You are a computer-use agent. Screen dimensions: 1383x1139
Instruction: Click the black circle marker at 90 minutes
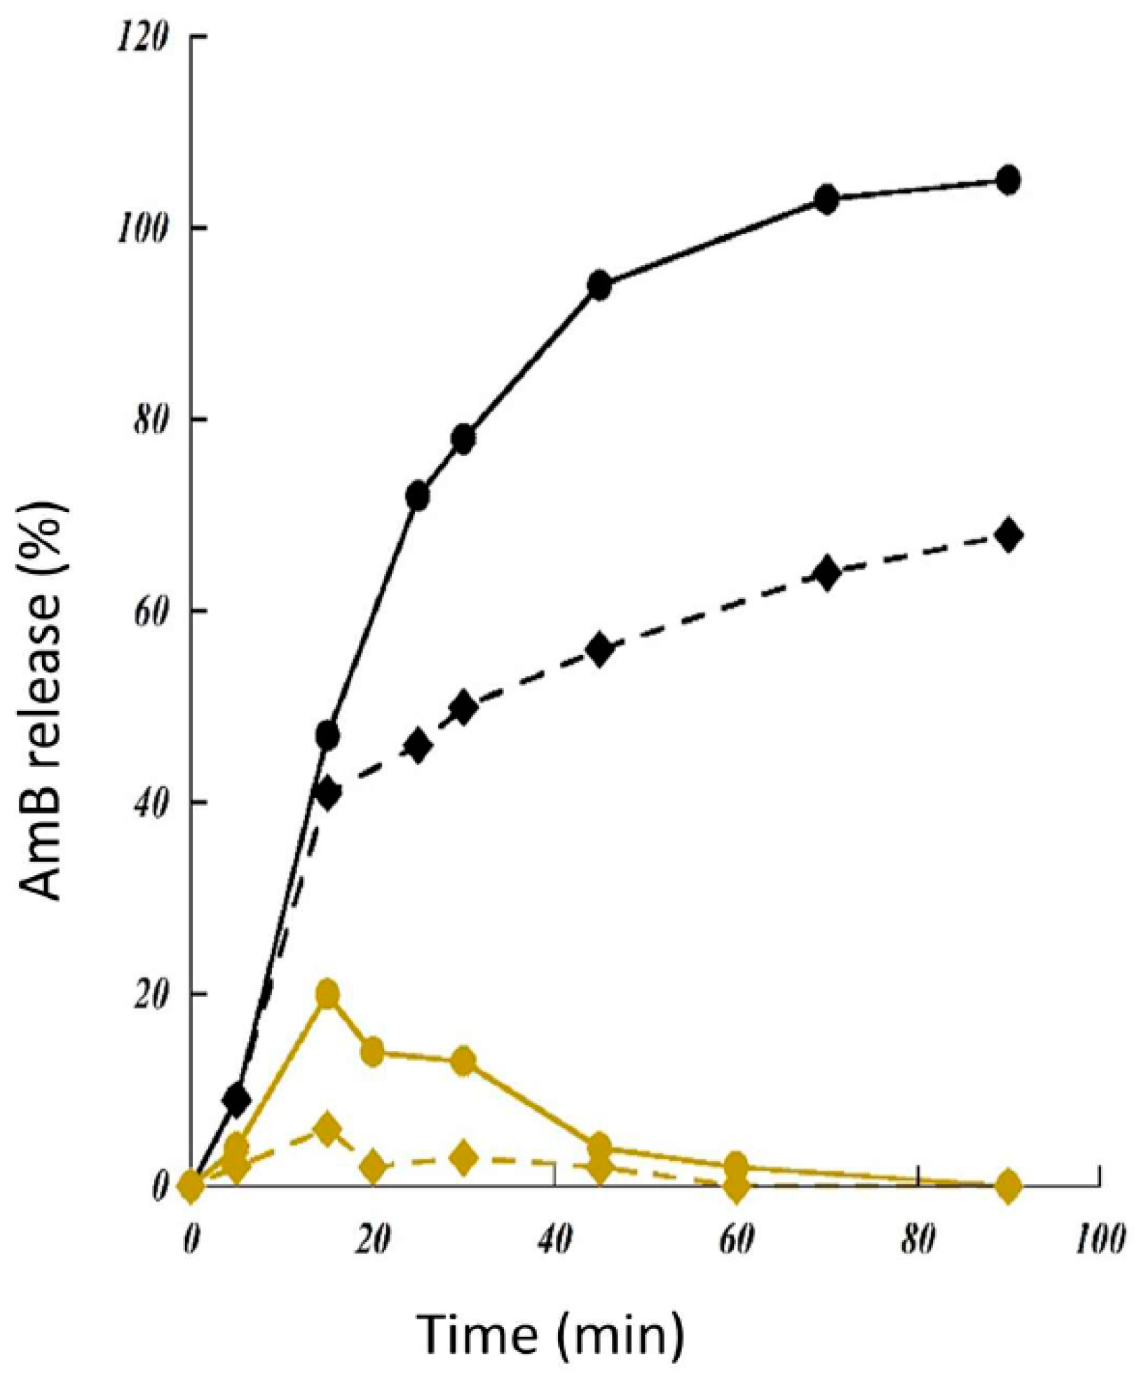coord(1007,180)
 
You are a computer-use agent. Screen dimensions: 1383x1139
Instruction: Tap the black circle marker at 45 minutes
coord(599,285)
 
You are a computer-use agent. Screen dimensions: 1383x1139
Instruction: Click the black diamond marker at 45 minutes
coord(599,650)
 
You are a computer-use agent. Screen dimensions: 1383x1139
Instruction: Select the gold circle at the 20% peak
coord(327,994)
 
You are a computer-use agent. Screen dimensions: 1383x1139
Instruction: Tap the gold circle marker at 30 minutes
coord(463,1061)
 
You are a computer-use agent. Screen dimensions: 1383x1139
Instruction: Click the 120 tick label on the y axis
coord(142,36)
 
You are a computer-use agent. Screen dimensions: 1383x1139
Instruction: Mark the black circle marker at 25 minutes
coord(418,495)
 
